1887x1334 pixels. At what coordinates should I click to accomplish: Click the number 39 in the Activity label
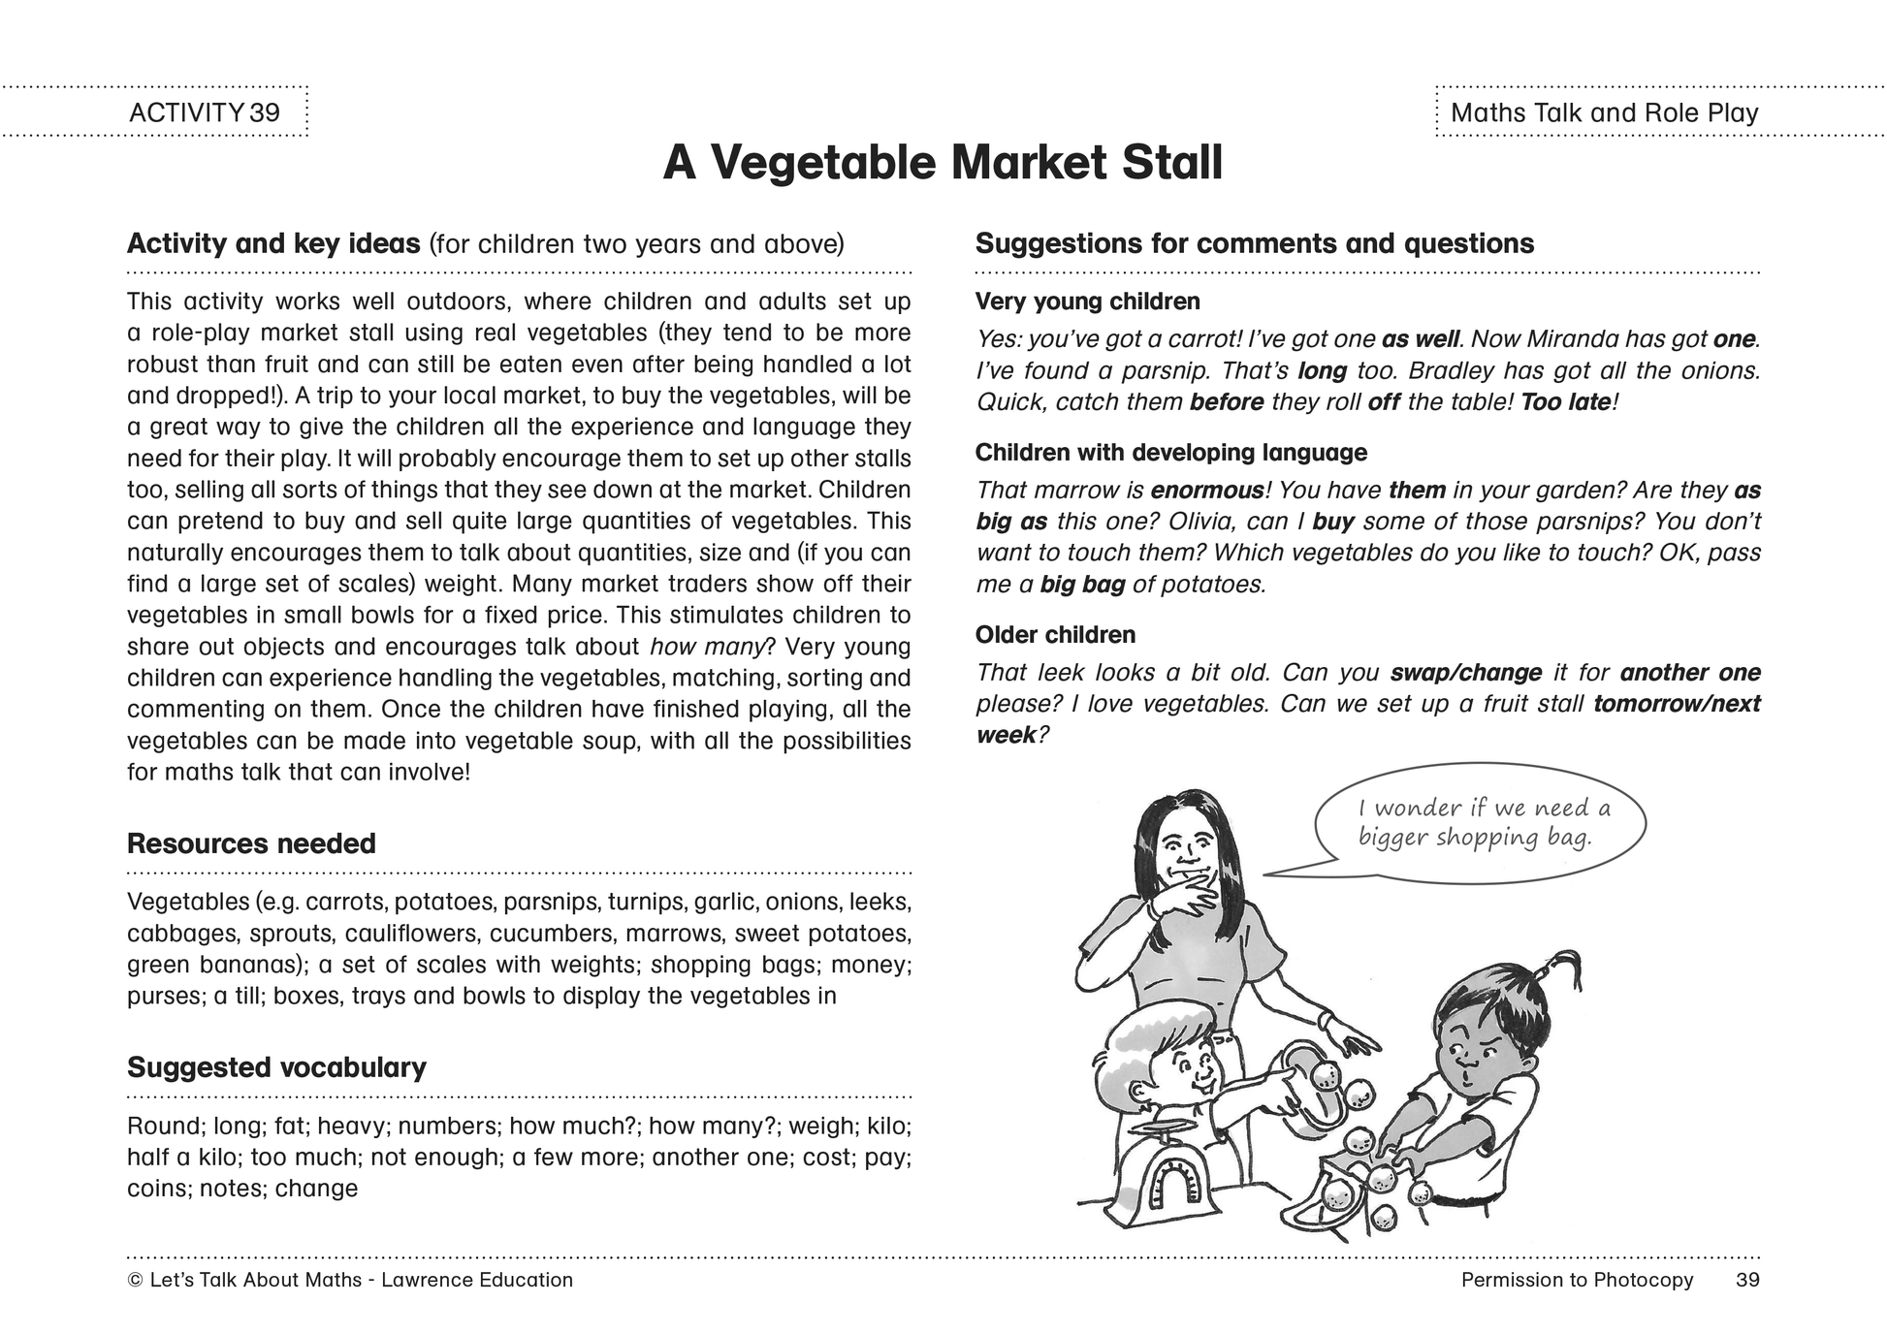(x=264, y=112)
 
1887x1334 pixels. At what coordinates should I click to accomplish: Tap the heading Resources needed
(x=251, y=843)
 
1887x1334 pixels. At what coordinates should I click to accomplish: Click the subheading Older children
(x=1055, y=635)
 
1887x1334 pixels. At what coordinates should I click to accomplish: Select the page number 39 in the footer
(x=1747, y=1280)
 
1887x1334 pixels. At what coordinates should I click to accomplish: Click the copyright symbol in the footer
(x=135, y=1281)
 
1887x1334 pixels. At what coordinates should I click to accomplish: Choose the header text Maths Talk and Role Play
(x=1604, y=112)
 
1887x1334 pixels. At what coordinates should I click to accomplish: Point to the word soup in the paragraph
(x=612, y=742)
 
